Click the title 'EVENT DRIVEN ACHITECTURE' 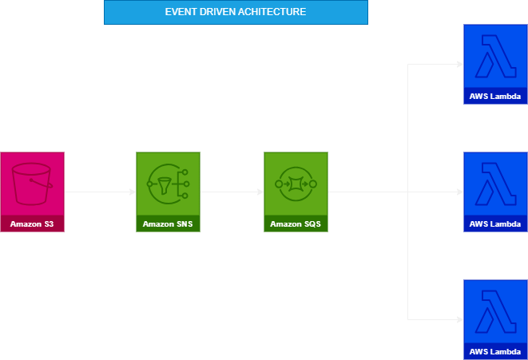pos(235,13)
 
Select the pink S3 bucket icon pos(32,184)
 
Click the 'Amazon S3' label pos(32,224)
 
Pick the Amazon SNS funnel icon pos(168,184)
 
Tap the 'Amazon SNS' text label pos(168,224)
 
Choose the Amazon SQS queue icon pos(296,184)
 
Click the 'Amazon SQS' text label pos(296,224)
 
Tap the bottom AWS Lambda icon pos(495,311)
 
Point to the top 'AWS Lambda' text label pos(495,97)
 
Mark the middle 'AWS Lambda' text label pos(495,224)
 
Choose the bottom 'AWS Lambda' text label pos(495,352)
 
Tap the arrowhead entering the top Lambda pos(459,64)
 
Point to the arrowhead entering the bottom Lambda pos(459,319)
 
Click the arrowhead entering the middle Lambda pos(459,192)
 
